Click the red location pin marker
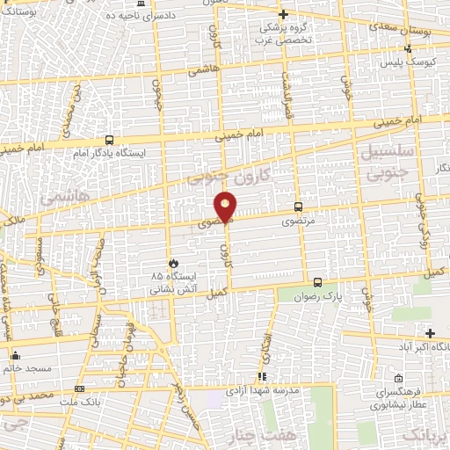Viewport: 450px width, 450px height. coord(227,206)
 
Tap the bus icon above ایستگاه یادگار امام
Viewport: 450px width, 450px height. coord(109,140)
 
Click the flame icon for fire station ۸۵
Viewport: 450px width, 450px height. coord(173,263)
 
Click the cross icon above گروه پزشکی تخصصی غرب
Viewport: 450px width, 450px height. coord(283,15)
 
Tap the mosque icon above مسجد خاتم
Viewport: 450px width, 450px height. coord(16,355)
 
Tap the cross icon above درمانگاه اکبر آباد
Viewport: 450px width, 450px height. coord(429,332)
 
